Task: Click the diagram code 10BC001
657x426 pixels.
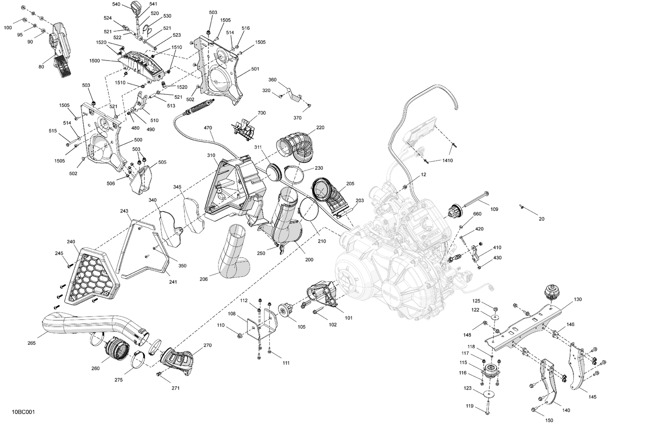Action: [x=23, y=412]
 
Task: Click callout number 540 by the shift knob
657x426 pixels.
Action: [x=116, y=4]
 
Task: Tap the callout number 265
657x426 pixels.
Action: [x=32, y=343]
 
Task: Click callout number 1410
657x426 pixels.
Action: [x=447, y=160]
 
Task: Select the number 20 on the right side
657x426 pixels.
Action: [x=542, y=219]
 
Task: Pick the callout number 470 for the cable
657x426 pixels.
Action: [x=208, y=128]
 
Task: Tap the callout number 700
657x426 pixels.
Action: [x=261, y=113]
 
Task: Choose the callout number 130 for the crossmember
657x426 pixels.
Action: [x=578, y=299]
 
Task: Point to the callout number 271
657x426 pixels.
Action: [x=176, y=388]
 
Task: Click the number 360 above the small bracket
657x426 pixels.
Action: [x=272, y=80]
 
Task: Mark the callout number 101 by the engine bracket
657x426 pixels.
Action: [x=349, y=318]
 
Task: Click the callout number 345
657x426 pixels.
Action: [x=177, y=187]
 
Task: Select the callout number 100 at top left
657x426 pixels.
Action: [x=8, y=28]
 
